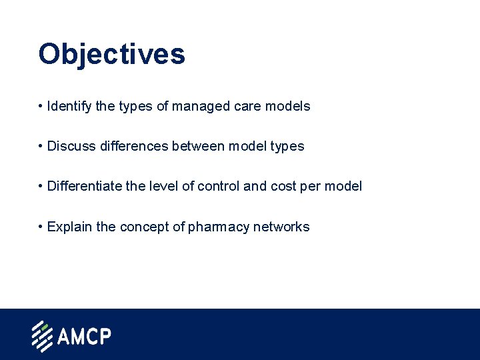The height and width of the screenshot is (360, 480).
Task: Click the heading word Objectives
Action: click(x=111, y=54)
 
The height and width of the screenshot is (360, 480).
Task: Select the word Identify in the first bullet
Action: click(x=69, y=106)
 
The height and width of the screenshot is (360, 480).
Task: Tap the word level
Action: click(x=164, y=186)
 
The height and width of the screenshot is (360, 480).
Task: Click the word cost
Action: click(x=281, y=186)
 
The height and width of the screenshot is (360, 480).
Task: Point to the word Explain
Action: click(x=70, y=227)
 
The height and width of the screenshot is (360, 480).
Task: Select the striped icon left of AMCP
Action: click(x=42, y=337)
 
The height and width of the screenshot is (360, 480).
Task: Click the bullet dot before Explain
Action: click(x=41, y=227)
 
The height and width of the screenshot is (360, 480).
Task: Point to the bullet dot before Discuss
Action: click(x=41, y=146)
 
